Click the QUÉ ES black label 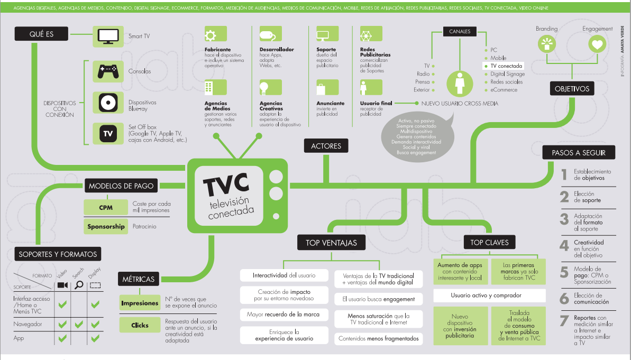(x=42, y=35)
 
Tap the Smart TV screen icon (x=108, y=36)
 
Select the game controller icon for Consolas (x=108, y=71)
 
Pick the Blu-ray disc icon (x=108, y=102)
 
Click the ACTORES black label (x=326, y=146)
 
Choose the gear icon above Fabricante (x=211, y=35)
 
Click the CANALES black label (x=460, y=32)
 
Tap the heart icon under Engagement (x=597, y=45)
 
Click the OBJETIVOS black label (x=572, y=89)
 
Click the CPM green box (x=106, y=208)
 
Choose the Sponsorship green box (x=106, y=226)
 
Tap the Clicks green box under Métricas (x=140, y=325)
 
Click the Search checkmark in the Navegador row (x=79, y=324)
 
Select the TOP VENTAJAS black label (x=331, y=243)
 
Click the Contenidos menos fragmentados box (x=378, y=338)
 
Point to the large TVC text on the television (x=226, y=183)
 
